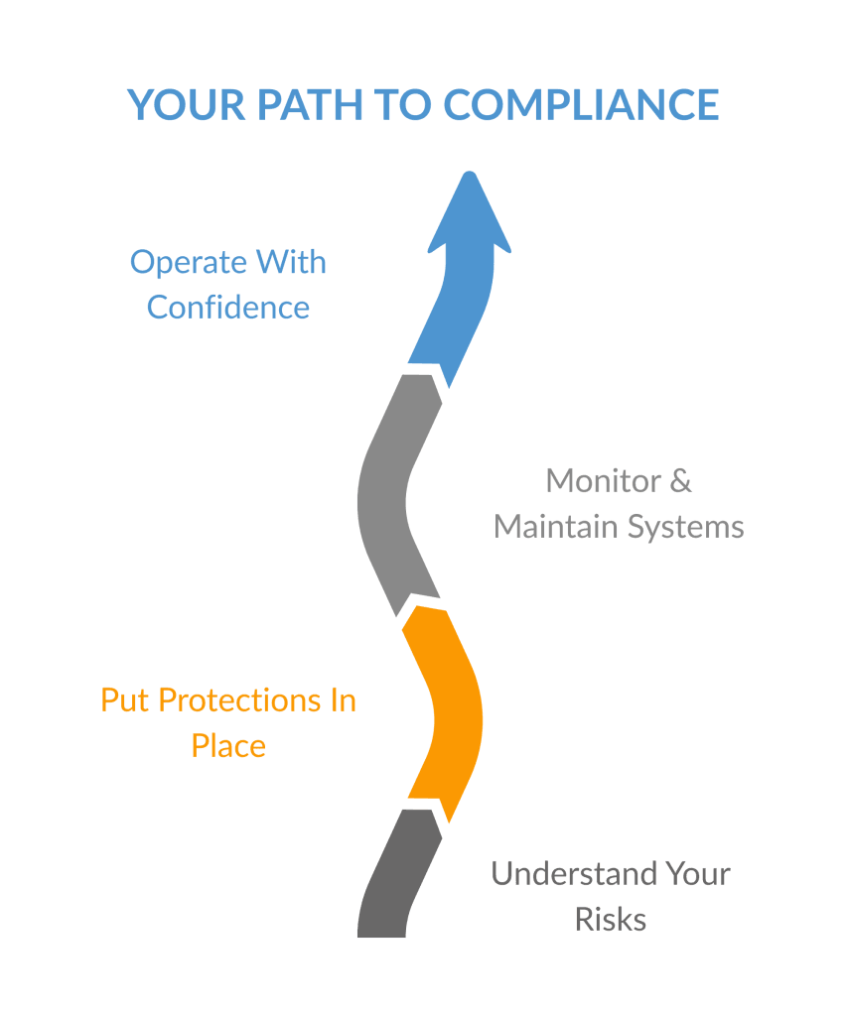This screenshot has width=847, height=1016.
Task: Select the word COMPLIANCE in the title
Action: [584, 105]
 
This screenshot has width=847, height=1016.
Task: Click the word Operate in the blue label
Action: [189, 264]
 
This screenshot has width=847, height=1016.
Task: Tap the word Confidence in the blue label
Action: [228, 308]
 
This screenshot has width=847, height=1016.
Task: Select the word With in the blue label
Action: [290, 263]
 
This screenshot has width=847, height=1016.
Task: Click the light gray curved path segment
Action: [387, 496]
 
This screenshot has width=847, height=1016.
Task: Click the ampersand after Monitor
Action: [680, 481]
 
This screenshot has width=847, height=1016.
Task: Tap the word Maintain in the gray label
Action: [553, 526]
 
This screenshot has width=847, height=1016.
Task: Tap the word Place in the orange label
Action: [228, 745]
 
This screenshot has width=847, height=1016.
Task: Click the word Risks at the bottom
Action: [610, 919]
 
